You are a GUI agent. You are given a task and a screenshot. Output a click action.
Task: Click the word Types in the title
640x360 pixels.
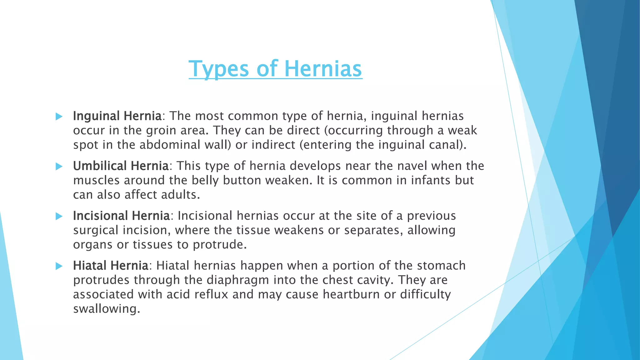219,69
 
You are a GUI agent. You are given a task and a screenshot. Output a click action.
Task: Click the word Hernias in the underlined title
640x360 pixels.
323,69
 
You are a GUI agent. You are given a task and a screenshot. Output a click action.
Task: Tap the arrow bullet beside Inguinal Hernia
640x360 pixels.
59,117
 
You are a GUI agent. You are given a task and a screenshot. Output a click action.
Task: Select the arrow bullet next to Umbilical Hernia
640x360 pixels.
59,167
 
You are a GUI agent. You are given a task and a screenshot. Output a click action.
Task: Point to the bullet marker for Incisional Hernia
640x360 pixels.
59,216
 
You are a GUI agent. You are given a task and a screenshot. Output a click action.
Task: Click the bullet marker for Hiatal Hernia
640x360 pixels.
59,266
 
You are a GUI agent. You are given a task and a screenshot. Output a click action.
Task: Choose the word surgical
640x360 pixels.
96,230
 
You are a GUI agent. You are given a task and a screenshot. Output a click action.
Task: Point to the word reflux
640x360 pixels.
211,294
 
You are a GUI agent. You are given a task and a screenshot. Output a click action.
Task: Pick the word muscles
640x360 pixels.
96,180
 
